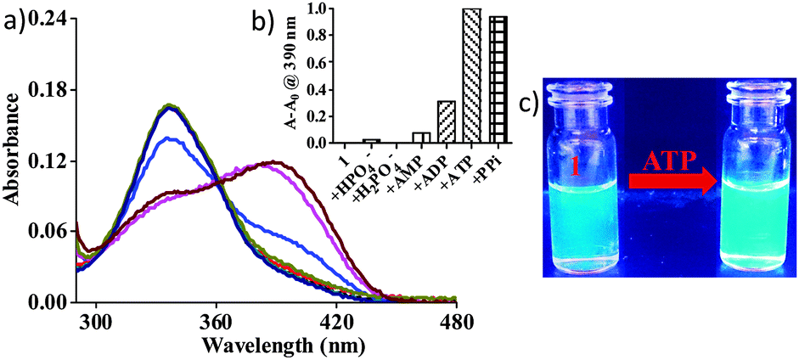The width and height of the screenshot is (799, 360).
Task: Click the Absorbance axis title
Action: pos(14,161)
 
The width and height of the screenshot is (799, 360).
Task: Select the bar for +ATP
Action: pos(471,76)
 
